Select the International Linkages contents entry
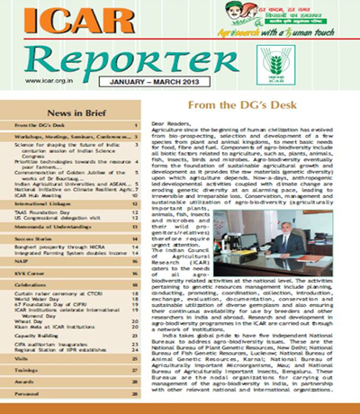tap(45, 216)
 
